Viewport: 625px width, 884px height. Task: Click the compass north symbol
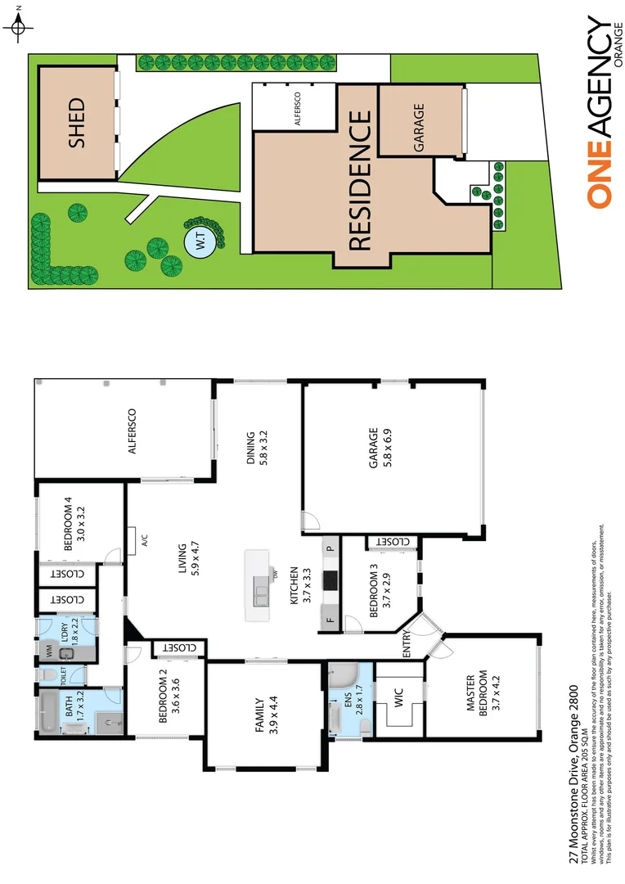point(20,28)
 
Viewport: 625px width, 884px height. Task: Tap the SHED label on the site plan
point(76,123)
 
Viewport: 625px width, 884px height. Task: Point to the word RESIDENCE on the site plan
point(360,182)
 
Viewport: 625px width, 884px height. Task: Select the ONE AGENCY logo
point(605,115)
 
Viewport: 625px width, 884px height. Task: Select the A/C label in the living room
point(144,540)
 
